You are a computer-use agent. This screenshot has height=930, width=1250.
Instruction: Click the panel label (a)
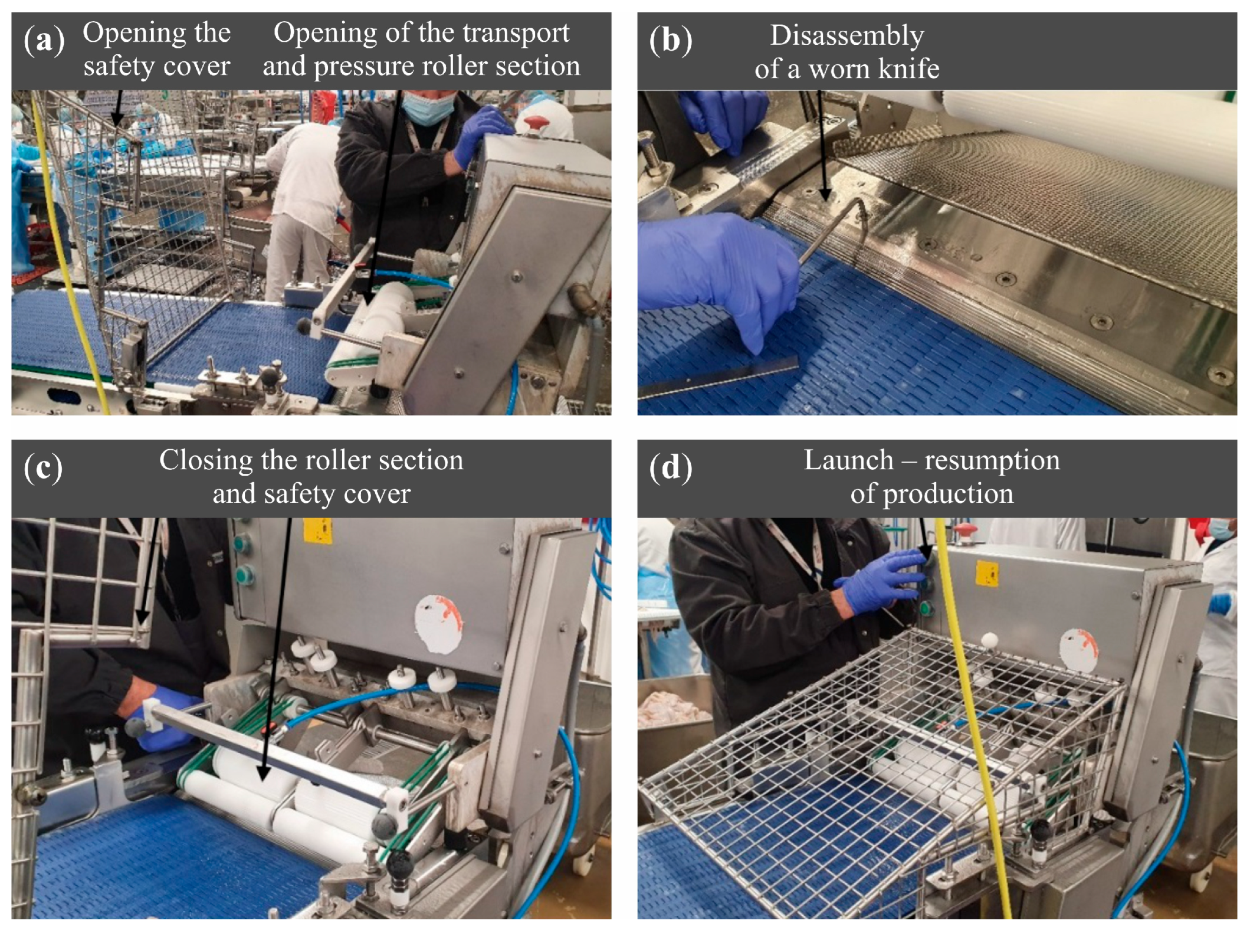tap(44, 41)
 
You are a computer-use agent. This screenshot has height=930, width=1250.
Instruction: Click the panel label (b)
tap(670, 41)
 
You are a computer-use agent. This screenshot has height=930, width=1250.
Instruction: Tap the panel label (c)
tap(43, 468)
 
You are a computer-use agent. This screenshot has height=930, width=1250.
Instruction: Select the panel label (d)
tap(671, 468)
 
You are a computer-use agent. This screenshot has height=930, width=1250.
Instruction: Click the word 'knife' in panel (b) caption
tap(908, 68)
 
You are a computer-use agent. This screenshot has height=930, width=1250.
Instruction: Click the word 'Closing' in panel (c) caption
tap(207, 460)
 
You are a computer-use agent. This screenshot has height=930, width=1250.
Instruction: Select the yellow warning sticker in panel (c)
tap(317, 529)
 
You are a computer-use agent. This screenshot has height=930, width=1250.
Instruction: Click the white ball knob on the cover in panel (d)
tap(989, 641)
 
